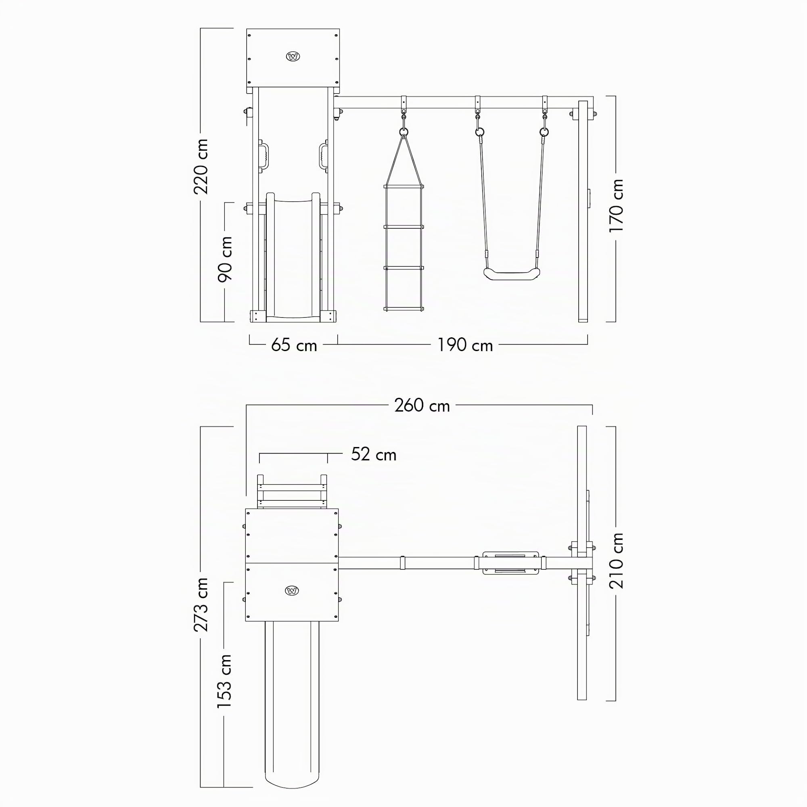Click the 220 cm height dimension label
pyautogui.click(x=201, y=167)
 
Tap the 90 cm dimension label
pyautogui.click(x=225, y=259)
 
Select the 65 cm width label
pyautogui.click(x=294, y=345)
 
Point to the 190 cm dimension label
pyautogui.click(x=465, y=345)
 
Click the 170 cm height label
pyautogui.click(x=616, y=205)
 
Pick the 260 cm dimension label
pyautogui.click(x=422, y=406)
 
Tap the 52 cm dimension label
pyautogui.click(x=373, y=454)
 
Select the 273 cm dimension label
pyautogui.click(x=201, y=604)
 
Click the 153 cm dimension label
pyautogui.click(x=224, y=681)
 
